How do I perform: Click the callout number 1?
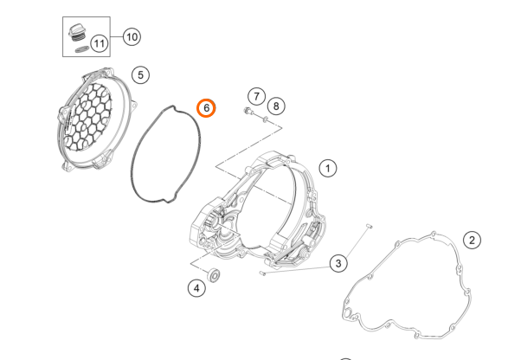328,168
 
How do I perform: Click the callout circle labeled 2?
472,240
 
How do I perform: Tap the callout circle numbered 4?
198,288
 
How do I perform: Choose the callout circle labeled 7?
256,95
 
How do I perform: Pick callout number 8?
275,106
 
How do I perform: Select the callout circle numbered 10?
131,36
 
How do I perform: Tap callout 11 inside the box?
100,42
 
